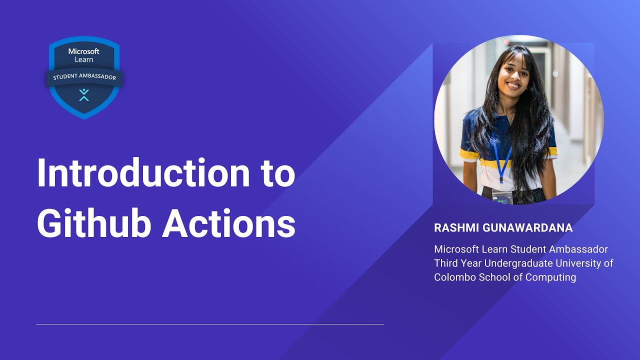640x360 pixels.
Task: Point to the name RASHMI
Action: pos(455,228)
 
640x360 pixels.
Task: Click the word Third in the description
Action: pos(446,263)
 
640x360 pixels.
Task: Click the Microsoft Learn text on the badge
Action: pos(84,55)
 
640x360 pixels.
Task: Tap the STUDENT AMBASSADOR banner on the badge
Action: pos(84,77)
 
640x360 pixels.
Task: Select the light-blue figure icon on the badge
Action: pos(84,94)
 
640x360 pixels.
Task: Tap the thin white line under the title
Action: pos(210,324)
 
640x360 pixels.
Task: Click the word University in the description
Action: pos(577,263)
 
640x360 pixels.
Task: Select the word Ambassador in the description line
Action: pos(579,249)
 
